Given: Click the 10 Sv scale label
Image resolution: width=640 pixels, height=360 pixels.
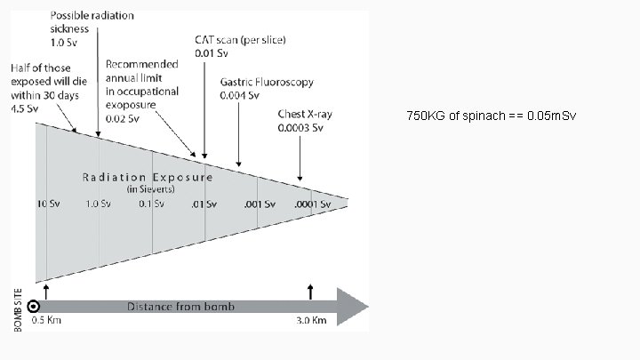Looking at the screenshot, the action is click(x=47, y=204).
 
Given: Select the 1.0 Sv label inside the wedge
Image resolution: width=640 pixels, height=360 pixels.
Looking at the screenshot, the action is click(x=99, y=204).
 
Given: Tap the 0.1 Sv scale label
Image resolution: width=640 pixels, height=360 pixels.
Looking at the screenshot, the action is click(x=151, y=204).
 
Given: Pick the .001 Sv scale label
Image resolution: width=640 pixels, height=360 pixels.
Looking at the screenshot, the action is click(x=259, y=204).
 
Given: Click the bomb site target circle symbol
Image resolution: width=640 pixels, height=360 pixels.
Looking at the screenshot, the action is click(x=34, y=305).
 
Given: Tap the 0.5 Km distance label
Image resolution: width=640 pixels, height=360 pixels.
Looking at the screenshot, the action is click(x=46, y=321).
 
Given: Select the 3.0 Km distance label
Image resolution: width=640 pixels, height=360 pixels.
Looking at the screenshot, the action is click(x=312, y=321).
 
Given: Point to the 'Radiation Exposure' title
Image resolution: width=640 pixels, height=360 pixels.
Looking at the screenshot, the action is click(x=148, y=177).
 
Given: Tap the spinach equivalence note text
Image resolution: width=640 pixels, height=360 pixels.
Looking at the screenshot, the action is click(x=492, y=116).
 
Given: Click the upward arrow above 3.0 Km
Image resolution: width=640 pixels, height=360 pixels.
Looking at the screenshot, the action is click(x=309, y=291).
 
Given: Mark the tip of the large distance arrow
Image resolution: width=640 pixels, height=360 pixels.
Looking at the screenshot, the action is click(x=367, y=307).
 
